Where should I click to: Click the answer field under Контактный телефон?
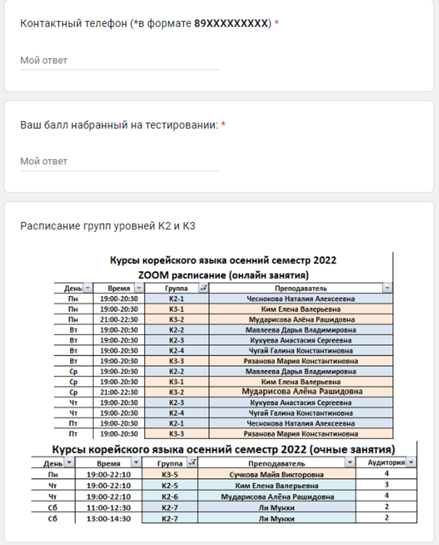click(119, 61)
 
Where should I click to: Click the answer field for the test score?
click(119, 161)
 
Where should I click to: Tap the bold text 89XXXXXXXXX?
click(231, 23)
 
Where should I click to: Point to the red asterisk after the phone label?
click(277, 23)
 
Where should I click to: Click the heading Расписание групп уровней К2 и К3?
click(108, 226)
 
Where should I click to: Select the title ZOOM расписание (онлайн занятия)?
click(223, 274)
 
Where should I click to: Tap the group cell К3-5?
click(170, 474)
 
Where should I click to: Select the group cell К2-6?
click(170, 497)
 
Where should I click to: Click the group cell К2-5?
click(170, 486)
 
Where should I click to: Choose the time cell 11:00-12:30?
click(108, 508)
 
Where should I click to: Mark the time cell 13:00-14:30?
click(108, 519)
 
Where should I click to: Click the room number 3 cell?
click(386, 485)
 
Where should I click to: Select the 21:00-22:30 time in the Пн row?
click(119, 320)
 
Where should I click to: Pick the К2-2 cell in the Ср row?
click(176, 371)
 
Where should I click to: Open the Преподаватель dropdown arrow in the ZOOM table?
click(387, 288)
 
